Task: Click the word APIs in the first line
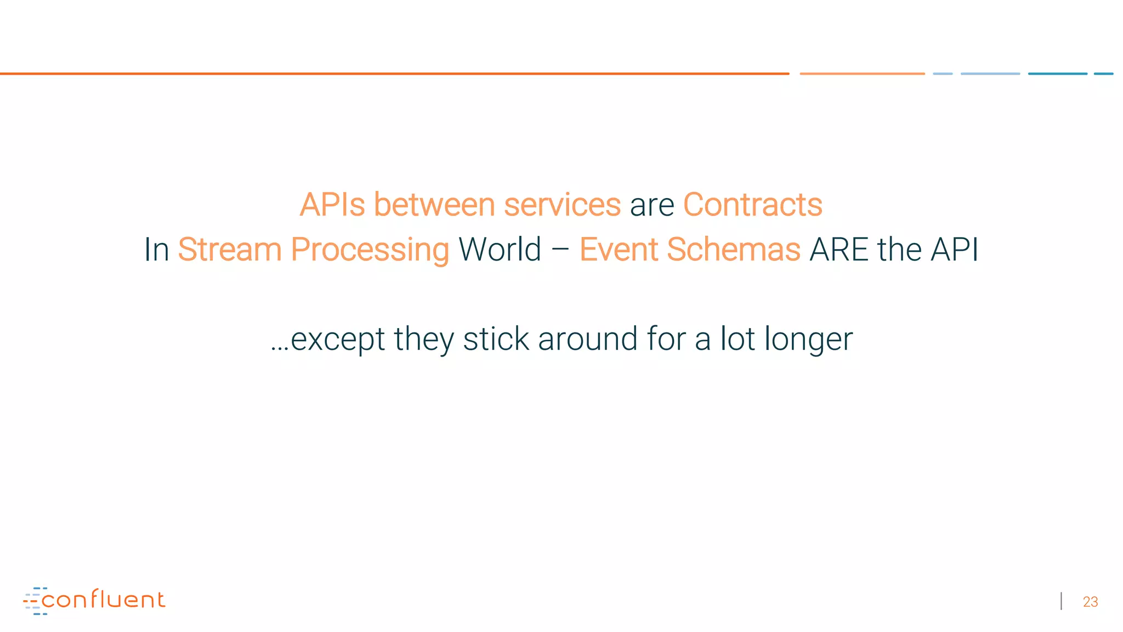point(332,205)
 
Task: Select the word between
point(434,205)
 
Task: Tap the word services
point(562,205)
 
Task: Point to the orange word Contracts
point(752,205)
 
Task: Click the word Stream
point(230,250)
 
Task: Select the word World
point(500,250)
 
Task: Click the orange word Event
point(618,250)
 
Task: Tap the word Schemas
point(733,250)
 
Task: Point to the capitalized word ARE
point(839,250)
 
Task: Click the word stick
point(496,339)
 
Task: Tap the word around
point(587,339)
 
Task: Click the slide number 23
point(1090,602)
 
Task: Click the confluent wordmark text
point(103,599)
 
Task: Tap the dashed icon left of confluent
point(34,601)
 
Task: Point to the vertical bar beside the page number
point(1062,601)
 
